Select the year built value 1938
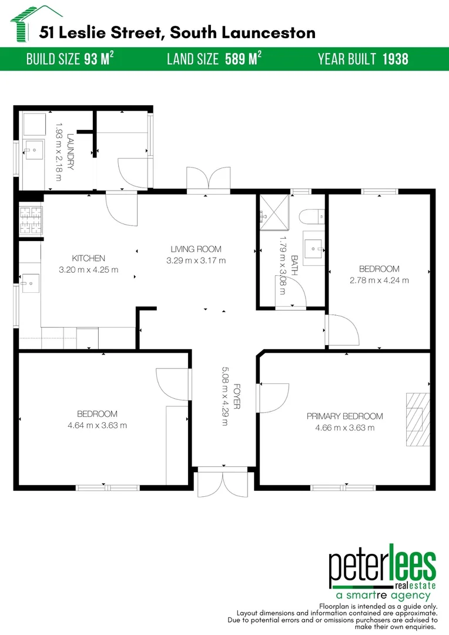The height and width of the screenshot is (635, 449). pyautogui.click(x=395, y=59)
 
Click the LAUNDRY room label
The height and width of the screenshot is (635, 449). pyautogui.click(x=71, y=151)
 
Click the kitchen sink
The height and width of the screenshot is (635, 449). pyautogui.click(x=29, y=283)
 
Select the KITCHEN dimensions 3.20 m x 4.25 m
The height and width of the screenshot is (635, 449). pyautogui.click(x=89, y=270)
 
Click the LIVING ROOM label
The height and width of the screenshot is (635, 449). pyautogui.click(x=196, y=249)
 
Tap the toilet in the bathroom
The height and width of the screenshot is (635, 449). pyautogui.click(x=312, y=217)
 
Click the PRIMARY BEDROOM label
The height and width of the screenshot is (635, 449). pyautogui.click(x=345, y=416)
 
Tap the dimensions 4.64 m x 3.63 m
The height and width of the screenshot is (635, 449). pyautogui.click(x=97, y=425)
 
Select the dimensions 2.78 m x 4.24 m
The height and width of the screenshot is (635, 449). pyautogui.click(x=379, y=280)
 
